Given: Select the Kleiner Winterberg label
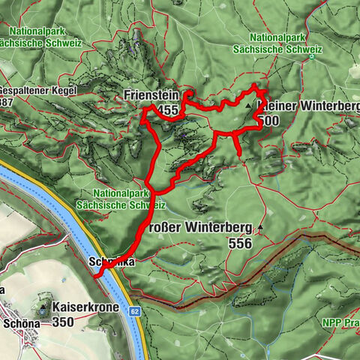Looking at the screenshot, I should click(x=307, y=106).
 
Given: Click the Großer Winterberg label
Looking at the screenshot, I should click(x=195, y=226).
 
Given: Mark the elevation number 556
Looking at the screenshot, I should click(x=240, y=244).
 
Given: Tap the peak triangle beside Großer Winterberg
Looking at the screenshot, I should click(x=260, y=226).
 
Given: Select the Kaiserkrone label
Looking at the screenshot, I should click(x=83, y=307).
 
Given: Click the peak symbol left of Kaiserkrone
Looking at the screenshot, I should click(x=42, y=308).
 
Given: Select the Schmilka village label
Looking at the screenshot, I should click(x=111, y=262).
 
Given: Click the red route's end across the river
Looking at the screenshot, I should click(x=95, y=275).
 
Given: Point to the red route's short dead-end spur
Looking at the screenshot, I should click(x=238, y=153).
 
